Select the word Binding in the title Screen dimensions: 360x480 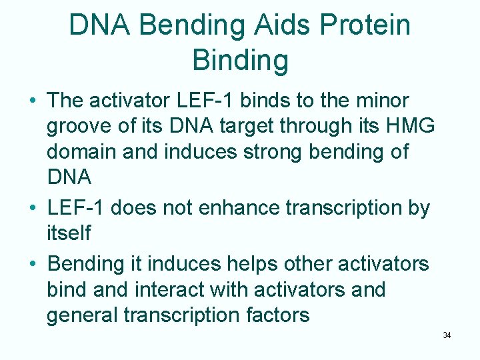point(240,60)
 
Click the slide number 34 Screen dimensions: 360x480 point(447,335)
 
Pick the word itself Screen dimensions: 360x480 point(70,233)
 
